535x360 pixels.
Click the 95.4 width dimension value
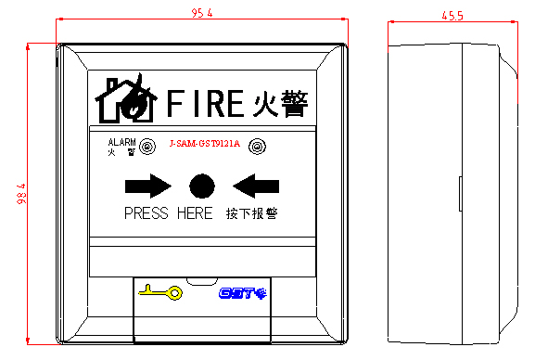click(x=202, y=13)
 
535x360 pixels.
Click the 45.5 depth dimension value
click(x=452, y=15)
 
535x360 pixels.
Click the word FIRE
click(x=206, y=102)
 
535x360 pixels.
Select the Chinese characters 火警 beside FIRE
click(x=280, y=101)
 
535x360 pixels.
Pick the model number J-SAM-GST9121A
click(x=204, y=144)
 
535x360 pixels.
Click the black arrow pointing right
click(x=147, y=186)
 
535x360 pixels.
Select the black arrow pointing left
click(x=255, y=186)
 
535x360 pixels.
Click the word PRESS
click(x=146, y=213)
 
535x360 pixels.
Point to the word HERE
click(x=194, y=213)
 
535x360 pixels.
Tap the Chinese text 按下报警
click(x=251, y=213)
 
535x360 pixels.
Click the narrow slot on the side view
click(x=460, y=194)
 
